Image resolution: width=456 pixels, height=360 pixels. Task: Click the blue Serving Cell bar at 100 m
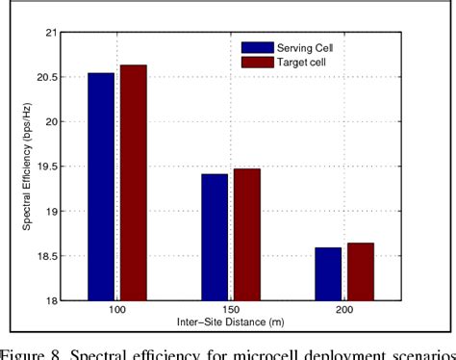pos(101,187)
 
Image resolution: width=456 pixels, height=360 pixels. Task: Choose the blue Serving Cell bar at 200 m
pos(329,273)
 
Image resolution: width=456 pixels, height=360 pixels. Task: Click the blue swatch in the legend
pos(257,46)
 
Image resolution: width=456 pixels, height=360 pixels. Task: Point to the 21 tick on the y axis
pos(50,33)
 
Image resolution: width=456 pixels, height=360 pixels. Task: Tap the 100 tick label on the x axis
pos(115,311)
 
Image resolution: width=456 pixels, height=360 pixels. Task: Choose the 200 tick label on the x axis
pos(344,311)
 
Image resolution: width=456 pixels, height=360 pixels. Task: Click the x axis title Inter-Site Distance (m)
pos(229,321)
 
